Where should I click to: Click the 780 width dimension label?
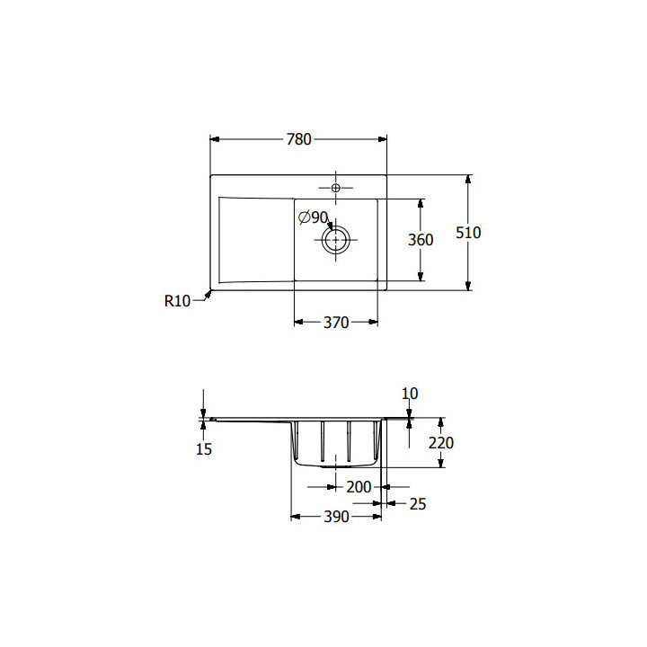[298, 139]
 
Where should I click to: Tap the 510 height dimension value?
[468, 233]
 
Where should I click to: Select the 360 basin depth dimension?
[421, 240]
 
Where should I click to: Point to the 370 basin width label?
[336, 323]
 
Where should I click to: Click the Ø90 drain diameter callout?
[314, 217]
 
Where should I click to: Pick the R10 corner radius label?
[177, 301]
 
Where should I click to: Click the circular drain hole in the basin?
[336, 240]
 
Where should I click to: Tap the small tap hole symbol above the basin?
[336, 188]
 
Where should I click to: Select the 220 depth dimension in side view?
[440, 443]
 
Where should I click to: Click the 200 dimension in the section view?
[359, 487]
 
